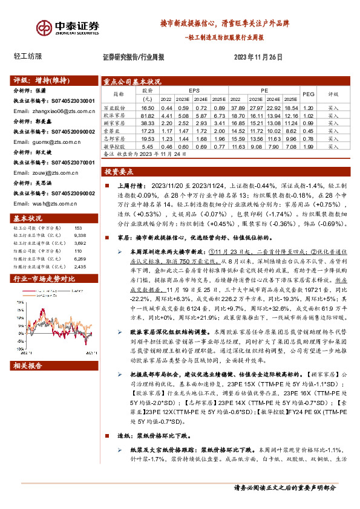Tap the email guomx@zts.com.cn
pyautogui.click(x=47, y=143)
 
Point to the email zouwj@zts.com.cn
pyautogui.click(x=47, y=173)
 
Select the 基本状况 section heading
pyautogui.click(x=28, y=218)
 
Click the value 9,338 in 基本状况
pyautogui.click(x=79, y=236)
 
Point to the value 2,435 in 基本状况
pyautogui.click(x=79, y=266)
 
